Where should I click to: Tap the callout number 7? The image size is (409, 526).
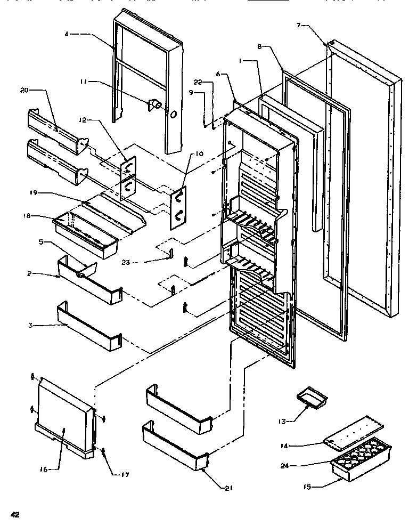[x=299, y=25]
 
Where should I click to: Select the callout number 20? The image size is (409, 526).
[x=23, y=90]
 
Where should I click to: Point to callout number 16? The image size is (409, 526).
[x=44, y=469]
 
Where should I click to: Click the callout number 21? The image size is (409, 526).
[x=229, y=488]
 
